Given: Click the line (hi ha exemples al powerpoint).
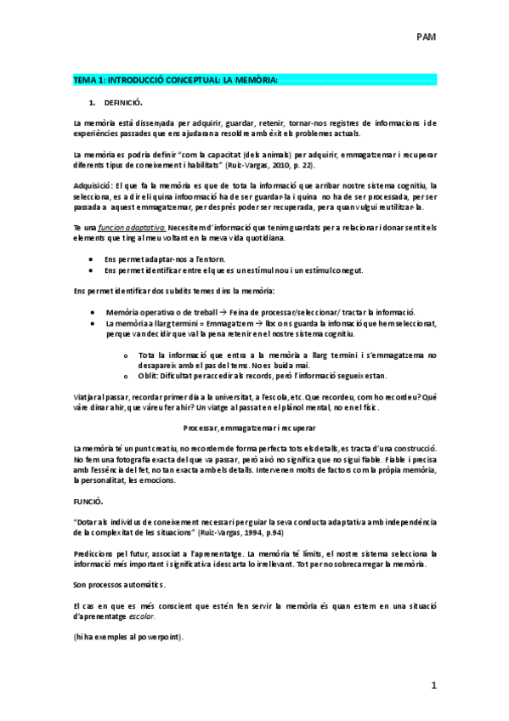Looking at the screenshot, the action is [x=127, y=637].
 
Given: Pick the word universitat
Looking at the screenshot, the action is [x=222, y=395].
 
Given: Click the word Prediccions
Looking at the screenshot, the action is [x=93, y=554].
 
